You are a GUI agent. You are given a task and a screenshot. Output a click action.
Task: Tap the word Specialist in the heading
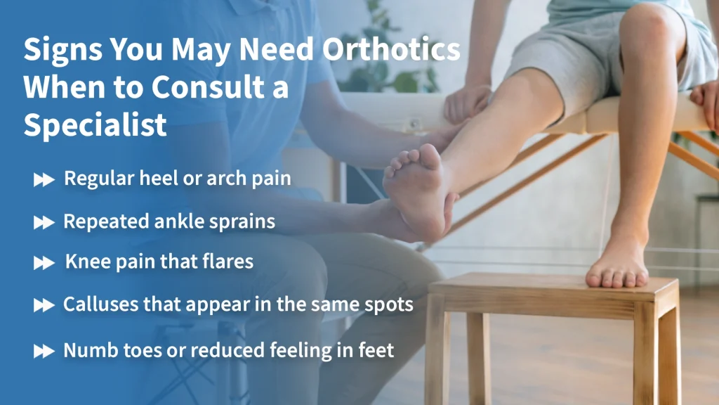(95, 124)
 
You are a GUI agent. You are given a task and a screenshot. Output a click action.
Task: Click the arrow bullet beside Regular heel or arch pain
(44, 180)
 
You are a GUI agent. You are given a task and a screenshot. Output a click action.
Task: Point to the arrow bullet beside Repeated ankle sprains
(44, 222)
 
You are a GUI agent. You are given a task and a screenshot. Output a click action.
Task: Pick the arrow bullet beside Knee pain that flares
(44, 263)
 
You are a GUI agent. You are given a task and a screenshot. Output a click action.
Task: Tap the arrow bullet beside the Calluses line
(44, 305)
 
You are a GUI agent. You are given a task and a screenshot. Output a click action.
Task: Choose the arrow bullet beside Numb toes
(44, 350)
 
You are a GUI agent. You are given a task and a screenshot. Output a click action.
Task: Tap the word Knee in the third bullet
(85, 262)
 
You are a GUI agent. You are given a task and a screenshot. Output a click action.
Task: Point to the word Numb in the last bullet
(85, 349)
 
